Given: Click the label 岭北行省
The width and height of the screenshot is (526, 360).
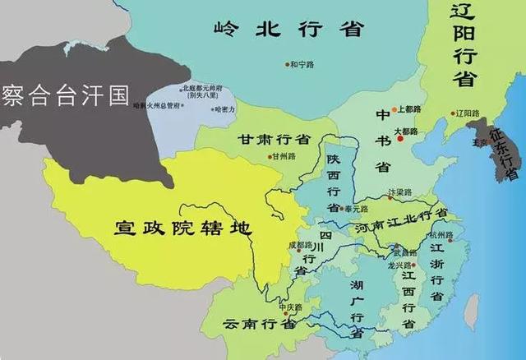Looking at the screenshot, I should pos(288,30).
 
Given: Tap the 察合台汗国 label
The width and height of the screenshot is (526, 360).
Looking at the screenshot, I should pos(66,96).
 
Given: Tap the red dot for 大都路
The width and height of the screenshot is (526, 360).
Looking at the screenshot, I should pos(400,138).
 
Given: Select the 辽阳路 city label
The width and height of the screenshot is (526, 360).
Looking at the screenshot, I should pos(466,113).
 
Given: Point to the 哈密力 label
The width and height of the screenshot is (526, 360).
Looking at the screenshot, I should pos(225,108).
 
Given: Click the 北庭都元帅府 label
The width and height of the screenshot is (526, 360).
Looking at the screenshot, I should pos(203,88).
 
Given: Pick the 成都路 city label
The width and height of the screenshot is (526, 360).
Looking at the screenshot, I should pos(302,244).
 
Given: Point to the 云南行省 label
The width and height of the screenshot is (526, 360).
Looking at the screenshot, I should pos(261,323).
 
